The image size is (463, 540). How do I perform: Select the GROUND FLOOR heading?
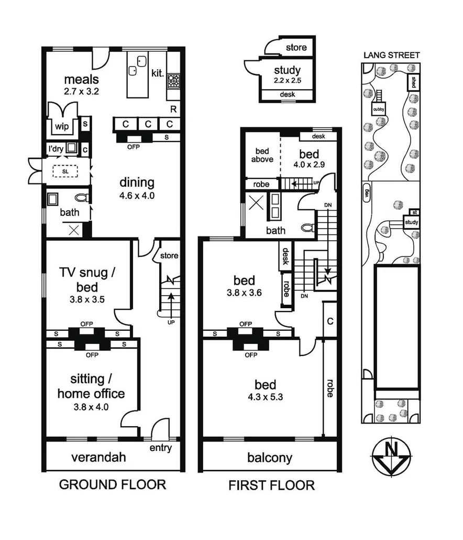(x=112, y=484)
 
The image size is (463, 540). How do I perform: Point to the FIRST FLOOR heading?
(x=271, y=485)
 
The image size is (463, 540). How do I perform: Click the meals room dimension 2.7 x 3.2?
(x=82, y=91)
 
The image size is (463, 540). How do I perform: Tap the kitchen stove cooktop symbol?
(x=173, y=81)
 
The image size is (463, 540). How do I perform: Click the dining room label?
(x=137, y=182)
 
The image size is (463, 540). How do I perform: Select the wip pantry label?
(x=61, y=126)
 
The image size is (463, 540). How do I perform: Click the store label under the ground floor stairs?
(x=169, y=256)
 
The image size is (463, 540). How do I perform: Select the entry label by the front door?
(x=160, y=448)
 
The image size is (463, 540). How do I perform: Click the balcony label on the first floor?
(x=269, y=458)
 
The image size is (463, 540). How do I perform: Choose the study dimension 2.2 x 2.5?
(x=287, y=81)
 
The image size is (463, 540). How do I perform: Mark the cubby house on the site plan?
(x=378, y=109)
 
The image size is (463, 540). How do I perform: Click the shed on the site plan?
(x=413, y=82)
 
